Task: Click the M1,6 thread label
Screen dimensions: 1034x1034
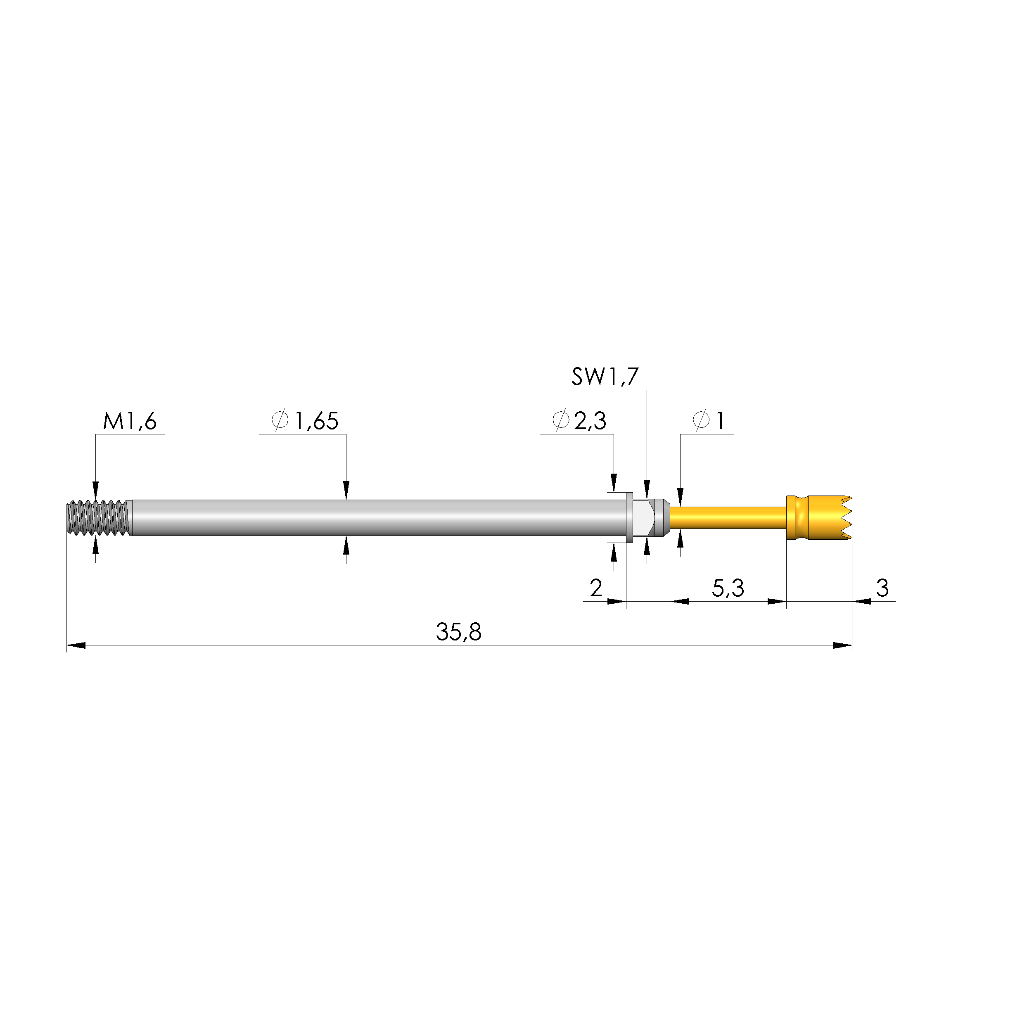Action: click(130, 421)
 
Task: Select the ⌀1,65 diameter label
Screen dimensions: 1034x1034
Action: click(306, 421)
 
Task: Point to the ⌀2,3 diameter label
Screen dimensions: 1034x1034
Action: click(580, 421)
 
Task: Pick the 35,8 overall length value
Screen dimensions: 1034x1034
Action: click(459, 632)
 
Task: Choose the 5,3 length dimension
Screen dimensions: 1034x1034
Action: click(728, 588)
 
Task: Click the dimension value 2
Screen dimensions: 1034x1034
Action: click(596, 588)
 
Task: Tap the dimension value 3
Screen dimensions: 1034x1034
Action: click(882, 588)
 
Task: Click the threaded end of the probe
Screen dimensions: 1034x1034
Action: click(98, 517)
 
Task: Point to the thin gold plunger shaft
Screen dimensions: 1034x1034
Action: click(728, 517)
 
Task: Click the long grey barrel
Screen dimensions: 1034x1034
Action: click(375, 517)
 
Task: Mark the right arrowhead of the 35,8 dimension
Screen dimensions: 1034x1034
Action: click(843, 645)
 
